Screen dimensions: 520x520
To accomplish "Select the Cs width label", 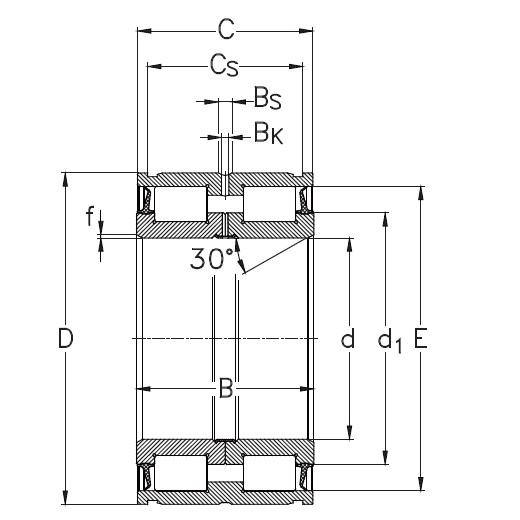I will coord(225,66).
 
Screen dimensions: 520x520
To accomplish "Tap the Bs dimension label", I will coord(266,98).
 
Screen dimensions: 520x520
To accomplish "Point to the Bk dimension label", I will coord(267,131).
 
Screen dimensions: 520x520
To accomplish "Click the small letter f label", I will coord(89,214).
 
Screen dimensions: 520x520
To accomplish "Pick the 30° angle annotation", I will coord(212,258).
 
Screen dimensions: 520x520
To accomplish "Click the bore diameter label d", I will coord(348,339).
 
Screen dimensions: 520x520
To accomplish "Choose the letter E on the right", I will coord(420,339).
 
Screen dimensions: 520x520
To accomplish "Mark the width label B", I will coord(226,388).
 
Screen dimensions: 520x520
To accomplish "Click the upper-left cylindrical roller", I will coord(181,203).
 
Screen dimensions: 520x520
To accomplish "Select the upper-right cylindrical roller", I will coord(270,203).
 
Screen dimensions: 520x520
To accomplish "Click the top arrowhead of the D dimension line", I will coord(66,179).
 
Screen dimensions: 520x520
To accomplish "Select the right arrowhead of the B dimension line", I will coord(307,388).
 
